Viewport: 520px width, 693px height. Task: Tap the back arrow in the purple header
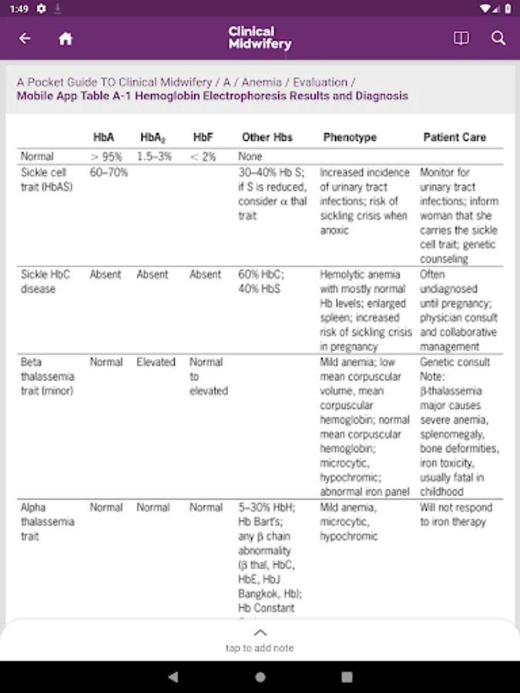25,38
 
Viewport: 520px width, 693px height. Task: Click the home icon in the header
65,38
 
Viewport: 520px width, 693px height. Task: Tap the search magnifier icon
498,38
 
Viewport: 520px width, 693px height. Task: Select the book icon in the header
461,38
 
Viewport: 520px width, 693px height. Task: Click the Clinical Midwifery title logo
260,38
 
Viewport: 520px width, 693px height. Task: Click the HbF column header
203,137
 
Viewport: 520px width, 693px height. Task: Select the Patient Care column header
455,137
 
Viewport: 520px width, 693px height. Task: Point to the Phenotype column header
350,137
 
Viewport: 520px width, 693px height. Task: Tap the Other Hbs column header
267,137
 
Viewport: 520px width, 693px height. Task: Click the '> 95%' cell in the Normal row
106,156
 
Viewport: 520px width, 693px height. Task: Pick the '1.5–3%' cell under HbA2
154,156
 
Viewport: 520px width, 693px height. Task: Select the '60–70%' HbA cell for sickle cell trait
109,172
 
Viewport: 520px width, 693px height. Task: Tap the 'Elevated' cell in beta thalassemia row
156,362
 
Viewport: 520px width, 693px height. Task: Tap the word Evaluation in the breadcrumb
320,82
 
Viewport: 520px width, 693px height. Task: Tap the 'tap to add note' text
260,648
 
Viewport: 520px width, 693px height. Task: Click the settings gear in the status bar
41,8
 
